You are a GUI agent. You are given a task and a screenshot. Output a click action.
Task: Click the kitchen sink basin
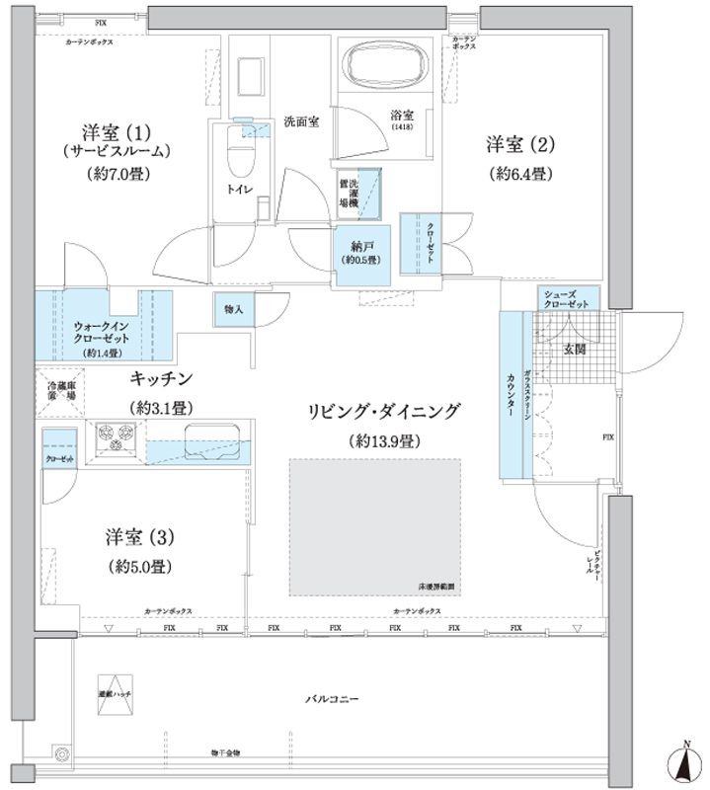pos(215,434)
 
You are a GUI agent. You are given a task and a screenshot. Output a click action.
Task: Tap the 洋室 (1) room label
pos(115,131)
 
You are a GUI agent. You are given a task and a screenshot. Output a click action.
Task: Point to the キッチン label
pos(164,378)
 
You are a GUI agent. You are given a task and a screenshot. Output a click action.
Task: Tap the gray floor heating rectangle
pos(375,526)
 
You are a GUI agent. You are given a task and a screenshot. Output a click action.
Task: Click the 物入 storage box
pos(233,310)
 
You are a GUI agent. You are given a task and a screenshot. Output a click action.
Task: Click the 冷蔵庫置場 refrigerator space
pos(58,390)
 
